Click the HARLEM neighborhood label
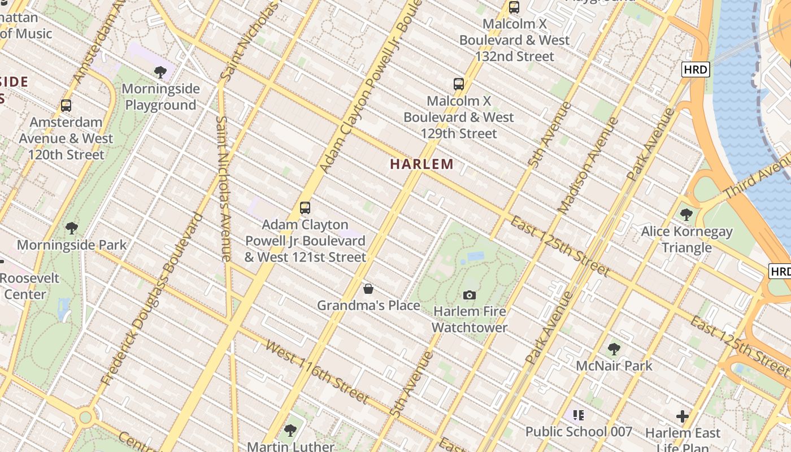click(x=422, y=164)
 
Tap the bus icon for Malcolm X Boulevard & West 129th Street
click(x=459, y=84)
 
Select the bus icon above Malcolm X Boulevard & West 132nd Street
click(x=514, y=7)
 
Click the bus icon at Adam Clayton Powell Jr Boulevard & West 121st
click(x=305, y=207)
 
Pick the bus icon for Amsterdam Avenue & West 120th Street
click(x=66, y=106)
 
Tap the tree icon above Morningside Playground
click(x=160, y=72)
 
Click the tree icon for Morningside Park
click(x=72, y=228)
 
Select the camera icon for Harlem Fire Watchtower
click(x=470, y=295)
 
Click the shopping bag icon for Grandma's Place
click(x=368, y=289)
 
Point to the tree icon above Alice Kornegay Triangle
click(x=686, y=215)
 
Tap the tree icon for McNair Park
click(x=614, y=349)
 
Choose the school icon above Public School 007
click(x=579, y=415)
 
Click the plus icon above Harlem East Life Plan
click(x=683, y=417)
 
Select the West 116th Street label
click(x=317, y=372)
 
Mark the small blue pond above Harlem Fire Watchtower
click(x=476, y=257)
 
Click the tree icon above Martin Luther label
click(x=290, y=431)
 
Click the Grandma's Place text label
click(x=368, y=306)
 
